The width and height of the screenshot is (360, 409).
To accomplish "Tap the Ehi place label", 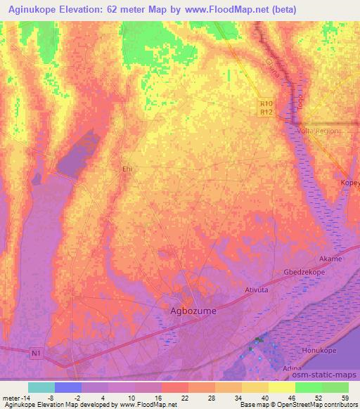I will pyautogui.click(x=127, y=169).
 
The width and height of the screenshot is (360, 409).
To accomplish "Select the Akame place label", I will pyautogui.click(x=331, y=259).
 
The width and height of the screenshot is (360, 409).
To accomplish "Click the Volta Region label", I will pyautogui.click(x=318, y=131).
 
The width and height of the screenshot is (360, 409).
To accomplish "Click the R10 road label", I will pyautogui.click(x=265, y=103).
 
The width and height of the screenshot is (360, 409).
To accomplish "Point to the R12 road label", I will pyautogui.click(x=265, y=112).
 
